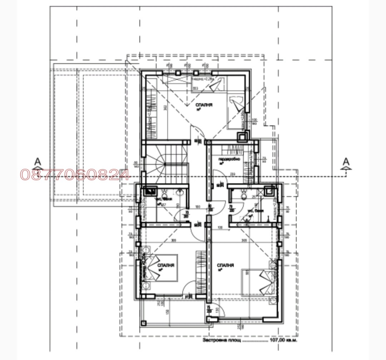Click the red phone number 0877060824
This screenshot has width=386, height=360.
(x=75, y=174)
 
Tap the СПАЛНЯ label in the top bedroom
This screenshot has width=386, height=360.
(x=204, y=105)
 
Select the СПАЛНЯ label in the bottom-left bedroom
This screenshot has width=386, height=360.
(x=165, y=266)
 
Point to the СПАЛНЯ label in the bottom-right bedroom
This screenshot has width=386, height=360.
(x=225, y=266)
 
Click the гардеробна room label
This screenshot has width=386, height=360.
(x=229, y=158)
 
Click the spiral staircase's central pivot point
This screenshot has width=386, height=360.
(x=165, y=164)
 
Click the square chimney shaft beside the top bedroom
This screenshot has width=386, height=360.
(x=243, y=136)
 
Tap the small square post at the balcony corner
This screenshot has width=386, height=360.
(x=144, y=323)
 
